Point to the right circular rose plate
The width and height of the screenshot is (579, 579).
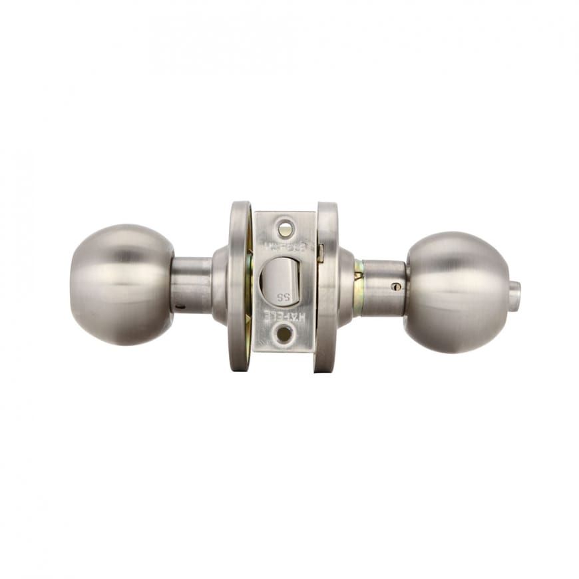tap(327, 286)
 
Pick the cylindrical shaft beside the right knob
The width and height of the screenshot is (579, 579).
tap(383, 288)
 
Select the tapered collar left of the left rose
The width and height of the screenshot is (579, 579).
tap(220, 285)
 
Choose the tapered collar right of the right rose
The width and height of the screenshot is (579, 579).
tap(345, 286)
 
